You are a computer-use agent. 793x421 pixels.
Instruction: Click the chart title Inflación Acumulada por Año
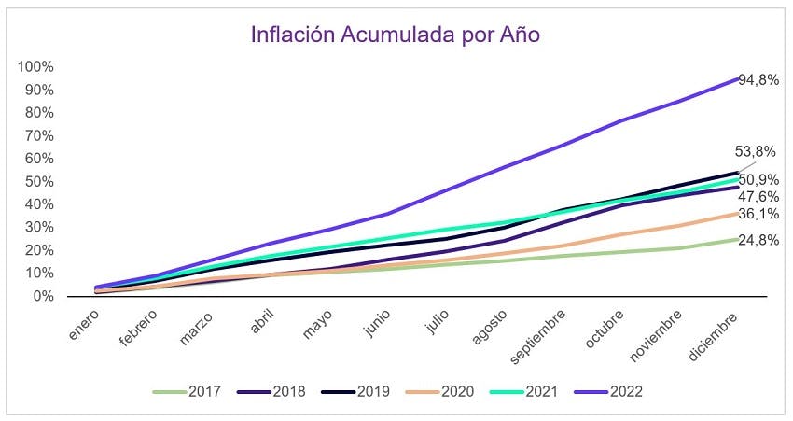point(396,35)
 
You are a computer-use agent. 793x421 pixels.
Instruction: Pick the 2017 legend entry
point(187,391)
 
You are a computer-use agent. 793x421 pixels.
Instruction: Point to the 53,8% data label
point(758,151)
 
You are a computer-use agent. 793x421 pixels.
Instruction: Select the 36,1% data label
point(758,214)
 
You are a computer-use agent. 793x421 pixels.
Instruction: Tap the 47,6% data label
point(758,197)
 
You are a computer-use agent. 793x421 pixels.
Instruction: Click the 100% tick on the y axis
point(36,67)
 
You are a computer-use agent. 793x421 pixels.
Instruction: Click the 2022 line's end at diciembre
point(737,78)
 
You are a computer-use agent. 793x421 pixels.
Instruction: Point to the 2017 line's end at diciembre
point(737,239)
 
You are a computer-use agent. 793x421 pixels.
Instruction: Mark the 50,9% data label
point(758,180)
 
